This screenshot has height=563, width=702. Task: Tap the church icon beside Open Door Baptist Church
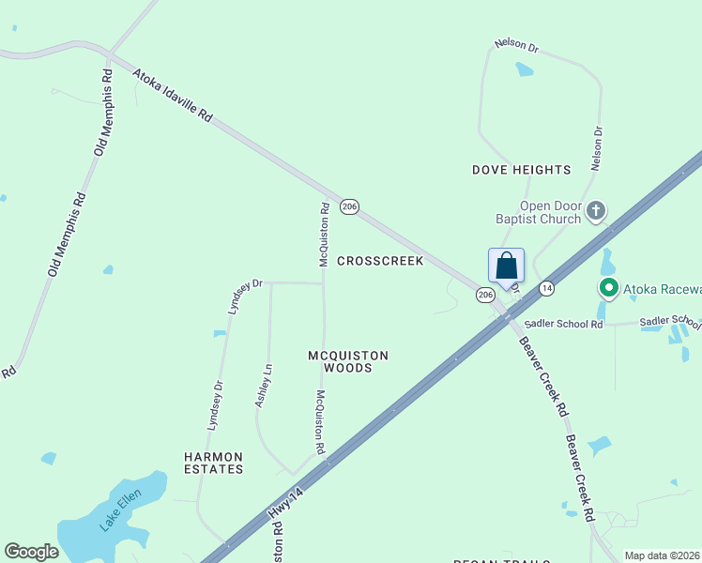(595, 212)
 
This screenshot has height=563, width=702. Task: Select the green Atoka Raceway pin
(608, 288)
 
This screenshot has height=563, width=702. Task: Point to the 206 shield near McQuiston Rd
(349, 207)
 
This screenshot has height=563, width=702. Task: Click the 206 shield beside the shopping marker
(484, 295)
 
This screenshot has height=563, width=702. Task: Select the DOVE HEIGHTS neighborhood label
(521, 170)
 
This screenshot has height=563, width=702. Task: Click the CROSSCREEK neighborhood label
(380, 261)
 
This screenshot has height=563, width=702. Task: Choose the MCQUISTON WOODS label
(348, 361)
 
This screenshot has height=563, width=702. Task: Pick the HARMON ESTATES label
(213, 463)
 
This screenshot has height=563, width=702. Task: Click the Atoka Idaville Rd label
(173, 94)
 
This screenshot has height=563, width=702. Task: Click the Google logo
(31, 551)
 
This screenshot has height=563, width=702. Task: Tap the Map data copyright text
(662, 555)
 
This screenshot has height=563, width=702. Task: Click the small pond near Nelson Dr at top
(524, 68)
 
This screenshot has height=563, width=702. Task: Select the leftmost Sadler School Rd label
(564, 324)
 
